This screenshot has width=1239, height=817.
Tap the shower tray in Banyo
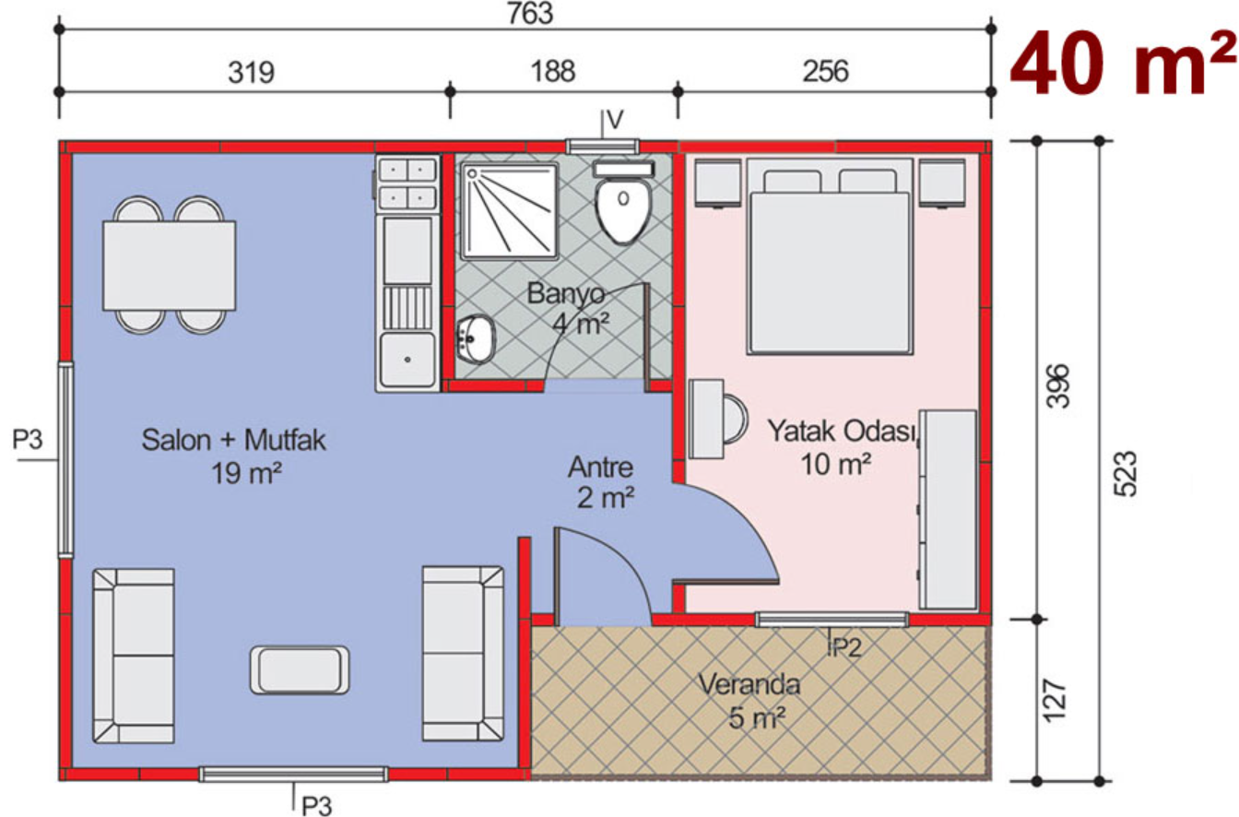coord(510,211)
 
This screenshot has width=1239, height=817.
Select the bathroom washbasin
coord(477,339)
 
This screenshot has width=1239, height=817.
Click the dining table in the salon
coord(170,266)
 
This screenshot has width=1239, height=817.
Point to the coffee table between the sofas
coord(300,669)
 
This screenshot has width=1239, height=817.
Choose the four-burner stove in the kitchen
coord(407,184)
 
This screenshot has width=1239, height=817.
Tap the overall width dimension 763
coord(530,13)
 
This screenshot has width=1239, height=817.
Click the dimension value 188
coord(553,72)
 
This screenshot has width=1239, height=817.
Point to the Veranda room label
coord(749,685)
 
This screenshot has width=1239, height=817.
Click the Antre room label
coord(601,468)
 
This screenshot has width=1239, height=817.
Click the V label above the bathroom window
coord(615,119)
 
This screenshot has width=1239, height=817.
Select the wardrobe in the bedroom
coord(948,509)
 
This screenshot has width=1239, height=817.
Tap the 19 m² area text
coord(247,473)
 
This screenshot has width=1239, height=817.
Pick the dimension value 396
coord(1058,385)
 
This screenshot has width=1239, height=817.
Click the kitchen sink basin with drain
coord(407,360)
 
